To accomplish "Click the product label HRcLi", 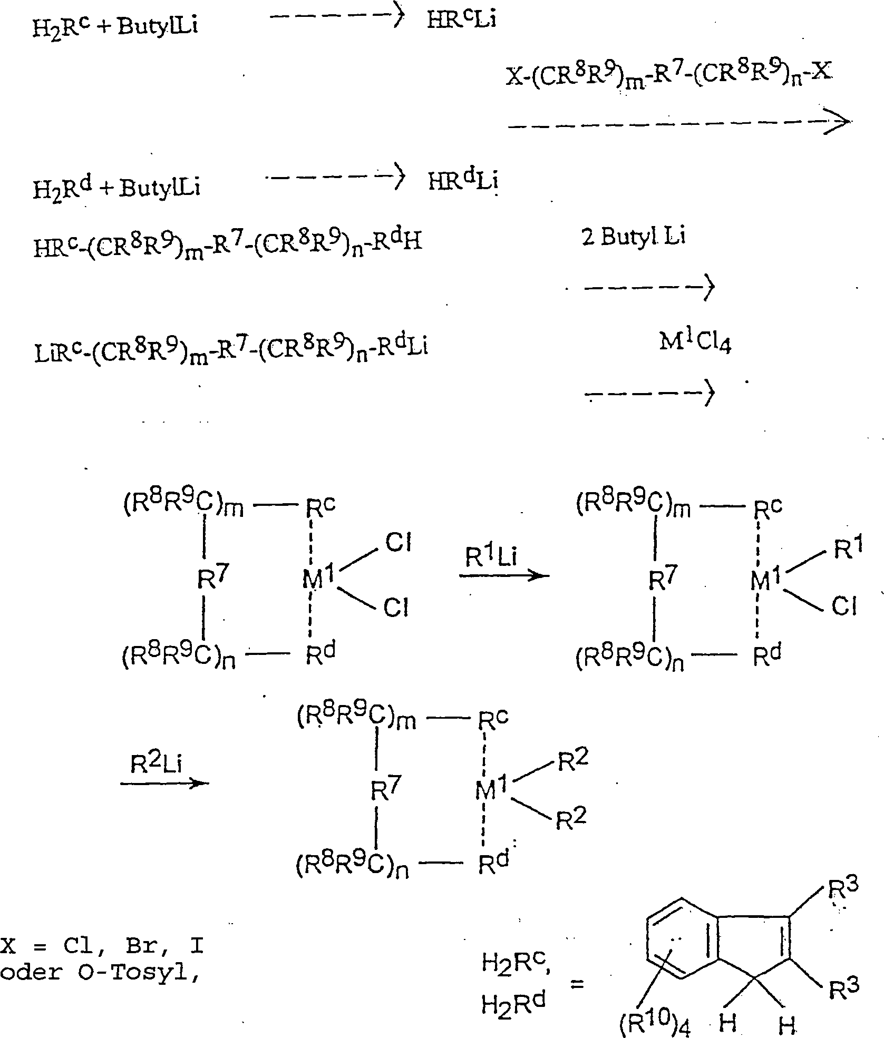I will click(461, 21).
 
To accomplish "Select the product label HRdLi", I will click(463, 182).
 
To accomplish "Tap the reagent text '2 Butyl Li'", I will click(633, 237).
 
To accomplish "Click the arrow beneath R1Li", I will click(504, 575).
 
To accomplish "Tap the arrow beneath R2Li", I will click(164, 783).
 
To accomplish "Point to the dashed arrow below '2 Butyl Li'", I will click(649, 288).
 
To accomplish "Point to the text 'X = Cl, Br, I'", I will click(103, 947).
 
